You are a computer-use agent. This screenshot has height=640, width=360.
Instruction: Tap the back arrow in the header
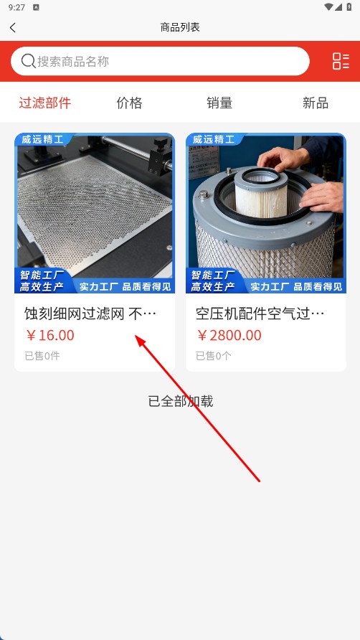[x=13, y=28]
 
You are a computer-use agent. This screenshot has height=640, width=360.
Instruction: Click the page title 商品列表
[x=180, y=27]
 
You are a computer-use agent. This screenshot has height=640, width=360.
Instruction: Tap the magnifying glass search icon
[x=28, y=61]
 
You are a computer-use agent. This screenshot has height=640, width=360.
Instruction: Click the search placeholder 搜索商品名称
[x=73, y=62]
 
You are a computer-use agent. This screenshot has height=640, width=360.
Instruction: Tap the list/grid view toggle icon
[x=341, y=61]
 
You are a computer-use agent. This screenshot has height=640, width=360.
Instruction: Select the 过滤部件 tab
[x=45, y=103]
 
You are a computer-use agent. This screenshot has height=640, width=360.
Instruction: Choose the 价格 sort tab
[x=129, y=103]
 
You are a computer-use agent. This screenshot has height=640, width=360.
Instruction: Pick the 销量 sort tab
[x=219, y=103]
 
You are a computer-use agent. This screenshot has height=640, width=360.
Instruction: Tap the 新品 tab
[x=316, y=103]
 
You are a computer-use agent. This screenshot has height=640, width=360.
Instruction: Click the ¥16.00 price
[x=49, y=336]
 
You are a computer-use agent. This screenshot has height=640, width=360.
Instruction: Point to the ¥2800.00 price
[x=229, y=336]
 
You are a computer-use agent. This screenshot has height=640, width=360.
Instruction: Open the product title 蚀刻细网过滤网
[x=75, y=314]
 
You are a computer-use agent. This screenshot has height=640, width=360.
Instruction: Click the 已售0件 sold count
[x=42, y=356]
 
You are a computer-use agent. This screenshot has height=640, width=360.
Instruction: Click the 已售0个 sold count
[x=214, y=356]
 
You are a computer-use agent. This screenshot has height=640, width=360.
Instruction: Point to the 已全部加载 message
[x=181, y=401]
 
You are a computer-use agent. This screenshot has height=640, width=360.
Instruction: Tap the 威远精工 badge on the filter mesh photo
[x=43, y=140]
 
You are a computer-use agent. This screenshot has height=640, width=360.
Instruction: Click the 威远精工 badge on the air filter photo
[x=214, y=140]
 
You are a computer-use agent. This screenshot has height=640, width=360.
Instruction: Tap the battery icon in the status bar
[x=349, y=7]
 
